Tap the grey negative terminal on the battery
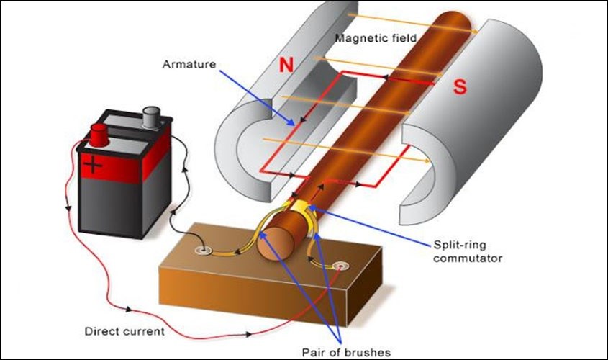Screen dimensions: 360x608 153,114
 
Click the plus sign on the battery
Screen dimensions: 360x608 92,166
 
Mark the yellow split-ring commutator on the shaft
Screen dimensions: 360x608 306,211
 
